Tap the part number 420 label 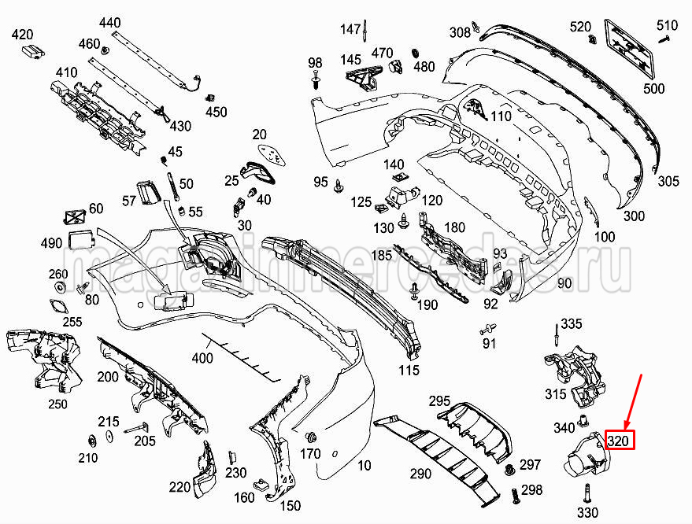[x=23, y=34]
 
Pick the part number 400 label [x=202, y=359]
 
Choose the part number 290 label [x=420, y=474]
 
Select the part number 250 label [x=57, y=404]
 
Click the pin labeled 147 [x=368, y=31]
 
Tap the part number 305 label [x=668, y=182]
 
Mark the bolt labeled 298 [x=515, y=496]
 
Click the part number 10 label [x=364, y=466]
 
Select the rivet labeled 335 [x=555, y=336]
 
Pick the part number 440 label [x=110, y=22]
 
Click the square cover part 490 [x=80, y=240]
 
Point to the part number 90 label [x=564, y=283]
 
